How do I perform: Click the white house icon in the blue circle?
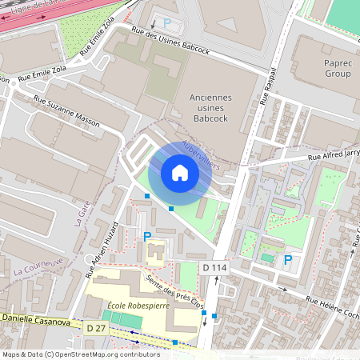pyautogui.click(x=180, y=173)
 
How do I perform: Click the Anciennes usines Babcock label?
pyautogui.click(x=210, y=107)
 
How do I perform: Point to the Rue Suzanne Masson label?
pyautogui.click(x=66, y=110)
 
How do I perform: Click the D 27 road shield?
pyautogui.click(x=95, y=328)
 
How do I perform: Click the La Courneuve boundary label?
pyautogui.click(x=38, y=267)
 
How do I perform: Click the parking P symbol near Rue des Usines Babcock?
pyautogui.click(x=167, y=23)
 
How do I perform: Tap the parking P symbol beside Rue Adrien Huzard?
pyautogui.click(x=146, y=236)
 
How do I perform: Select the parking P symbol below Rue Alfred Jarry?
pyautogui.click(x=288, y=259)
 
